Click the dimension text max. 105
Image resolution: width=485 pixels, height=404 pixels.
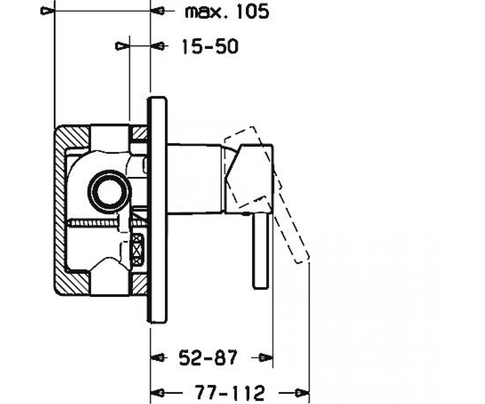pos(227,11)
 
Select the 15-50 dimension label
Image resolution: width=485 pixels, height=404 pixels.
pos(210,46)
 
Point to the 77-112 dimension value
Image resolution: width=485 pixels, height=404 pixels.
pos(230,393)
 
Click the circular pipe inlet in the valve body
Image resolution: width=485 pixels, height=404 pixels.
pos(110,192)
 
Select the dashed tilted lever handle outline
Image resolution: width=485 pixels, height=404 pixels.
pos(267,195)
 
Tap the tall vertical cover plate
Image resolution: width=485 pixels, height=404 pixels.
pos(157,210)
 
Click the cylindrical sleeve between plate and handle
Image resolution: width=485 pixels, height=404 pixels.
pos(194,178)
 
